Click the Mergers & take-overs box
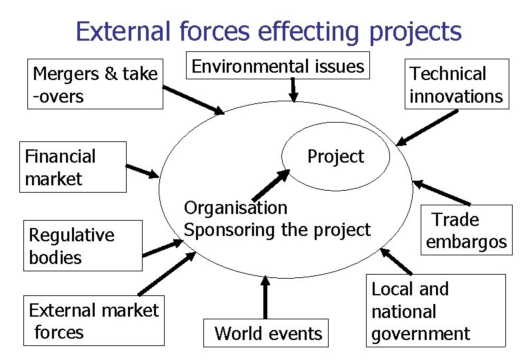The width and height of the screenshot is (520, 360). coord(95,85)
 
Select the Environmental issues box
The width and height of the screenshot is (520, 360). coord(278,66)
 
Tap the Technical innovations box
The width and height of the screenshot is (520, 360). coord(456,85)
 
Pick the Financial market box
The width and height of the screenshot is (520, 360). coord(72,167)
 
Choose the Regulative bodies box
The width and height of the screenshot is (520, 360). coord(82,246)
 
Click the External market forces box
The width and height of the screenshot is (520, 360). coord(93,321)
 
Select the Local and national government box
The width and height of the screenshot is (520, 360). coord(435,311)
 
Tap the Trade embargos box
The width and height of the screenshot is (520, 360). coord(465,231)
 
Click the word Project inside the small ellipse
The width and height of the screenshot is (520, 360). coord(335,157)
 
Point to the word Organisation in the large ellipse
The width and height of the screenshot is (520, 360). coord(235,208)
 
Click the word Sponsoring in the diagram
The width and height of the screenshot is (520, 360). coord(223,230)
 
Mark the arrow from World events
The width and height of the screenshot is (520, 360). coord(265,298)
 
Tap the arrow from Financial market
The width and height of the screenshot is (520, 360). coord(143,171)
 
